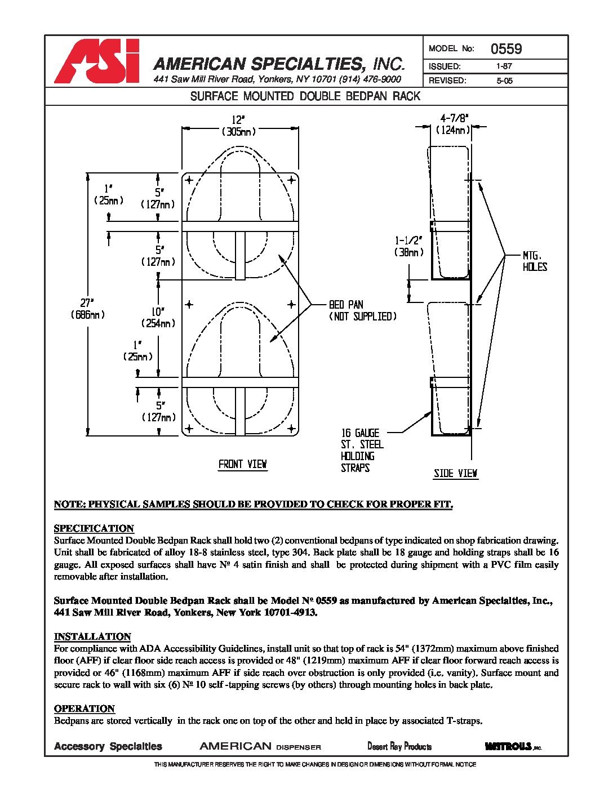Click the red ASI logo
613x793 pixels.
[96, 61]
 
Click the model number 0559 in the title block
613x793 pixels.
[506, 48]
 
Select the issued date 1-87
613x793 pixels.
[504, 66]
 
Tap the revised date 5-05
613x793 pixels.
[504, 81]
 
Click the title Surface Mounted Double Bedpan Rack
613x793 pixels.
[305, 96]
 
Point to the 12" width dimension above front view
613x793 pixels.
[239, 125]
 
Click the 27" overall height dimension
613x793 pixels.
[88, 308]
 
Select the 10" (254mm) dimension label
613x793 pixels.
[158, 317]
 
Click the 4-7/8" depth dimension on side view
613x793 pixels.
[454, 124]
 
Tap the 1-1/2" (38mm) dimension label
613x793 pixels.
[408, 246]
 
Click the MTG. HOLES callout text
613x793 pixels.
[534, 261]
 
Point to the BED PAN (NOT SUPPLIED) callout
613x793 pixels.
[362, 310]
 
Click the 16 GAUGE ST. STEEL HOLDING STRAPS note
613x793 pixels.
[362, 450]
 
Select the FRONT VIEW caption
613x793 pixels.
[242, 464]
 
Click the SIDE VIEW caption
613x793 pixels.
[455, 473]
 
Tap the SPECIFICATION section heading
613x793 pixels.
[94, 528]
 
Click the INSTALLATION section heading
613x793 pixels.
[92, 636]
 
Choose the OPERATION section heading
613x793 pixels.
[85, 709]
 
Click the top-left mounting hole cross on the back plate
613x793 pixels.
[189, 180]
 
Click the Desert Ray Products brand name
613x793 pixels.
[399, 746]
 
